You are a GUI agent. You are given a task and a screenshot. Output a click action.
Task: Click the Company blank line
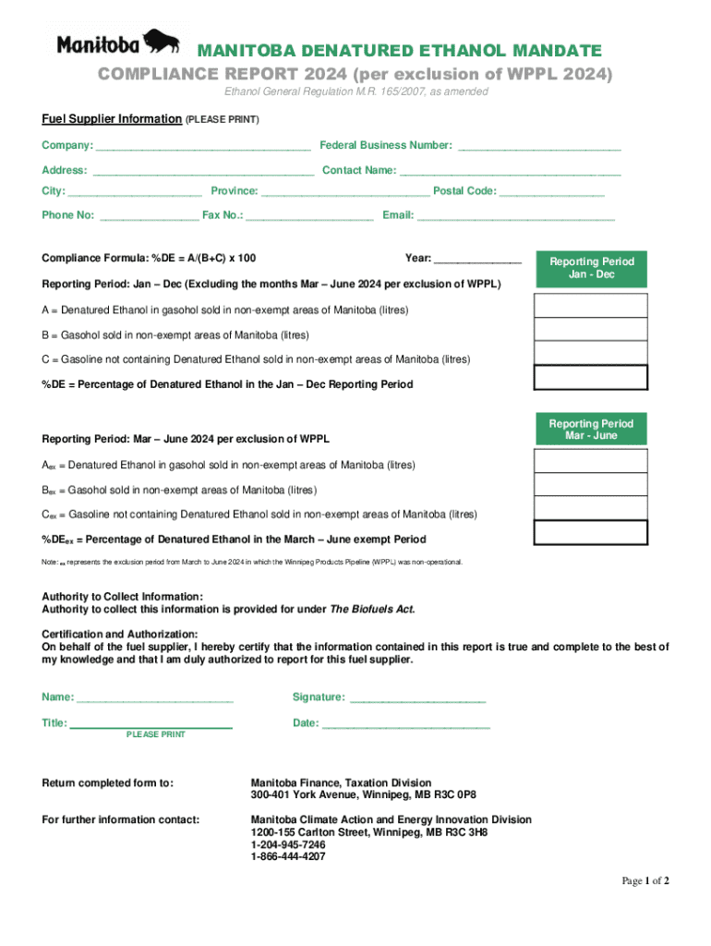[x=203, y=147]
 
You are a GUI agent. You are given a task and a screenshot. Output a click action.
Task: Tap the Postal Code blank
[x=552, y=192]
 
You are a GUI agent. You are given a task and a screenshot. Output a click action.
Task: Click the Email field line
[x=515, y=217]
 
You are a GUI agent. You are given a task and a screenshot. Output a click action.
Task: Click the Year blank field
[x=477, y=260]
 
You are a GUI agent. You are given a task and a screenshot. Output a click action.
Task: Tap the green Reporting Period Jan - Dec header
[x=592, y=269]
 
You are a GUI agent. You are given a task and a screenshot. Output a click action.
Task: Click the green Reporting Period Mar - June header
[x=592, y=430]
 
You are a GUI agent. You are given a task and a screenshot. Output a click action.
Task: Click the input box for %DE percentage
[x=592, y=377]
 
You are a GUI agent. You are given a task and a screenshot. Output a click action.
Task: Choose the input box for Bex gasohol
[x=592, y=484]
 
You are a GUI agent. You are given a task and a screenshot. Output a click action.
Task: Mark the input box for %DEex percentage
[x=592, y=532]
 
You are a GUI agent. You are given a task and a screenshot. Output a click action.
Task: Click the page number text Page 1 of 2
[x=645, y=881]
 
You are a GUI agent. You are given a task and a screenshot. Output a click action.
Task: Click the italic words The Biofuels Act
[x=373, y=610]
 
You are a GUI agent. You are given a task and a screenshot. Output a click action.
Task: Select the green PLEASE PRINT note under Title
[x=155, y=734]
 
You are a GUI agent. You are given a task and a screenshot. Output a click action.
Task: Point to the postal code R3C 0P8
[x=454, y=794]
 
